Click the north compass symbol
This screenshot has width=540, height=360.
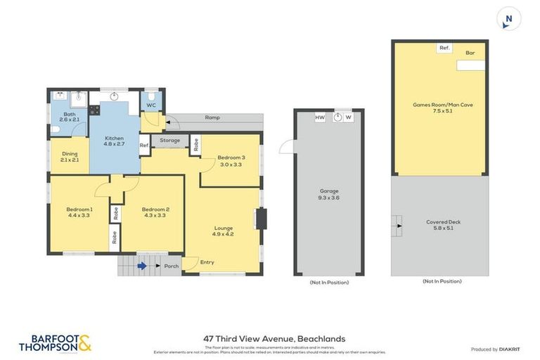(x=508, y=19)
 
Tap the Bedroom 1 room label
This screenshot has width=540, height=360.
(x=79, y=213)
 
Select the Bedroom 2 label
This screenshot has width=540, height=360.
(x=155, y=213)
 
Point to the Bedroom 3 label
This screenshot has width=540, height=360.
(x=231, y=161)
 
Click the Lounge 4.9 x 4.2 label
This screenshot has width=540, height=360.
(x=224, y=231)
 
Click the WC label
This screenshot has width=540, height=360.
(x=150, y=105)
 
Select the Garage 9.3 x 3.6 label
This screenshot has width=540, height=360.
(x=329, y=195)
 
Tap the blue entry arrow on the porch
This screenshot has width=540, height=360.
(x=143, y=266)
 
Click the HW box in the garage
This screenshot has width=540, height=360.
(x=319, y=117)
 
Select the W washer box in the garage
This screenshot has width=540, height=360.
(x=348, y=117)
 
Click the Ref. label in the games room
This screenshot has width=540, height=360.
(x=444, y=48)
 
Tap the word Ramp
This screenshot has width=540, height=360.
(x=212, y=117)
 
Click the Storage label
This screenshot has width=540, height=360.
(x=169, y=141)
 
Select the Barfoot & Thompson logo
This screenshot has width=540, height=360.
(x=55, y=343)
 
